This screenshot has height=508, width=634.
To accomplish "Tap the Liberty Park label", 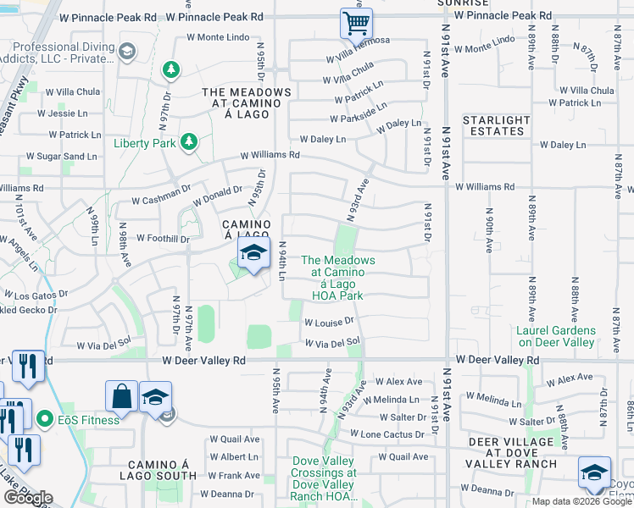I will pyautogui.click(x=145, y=143).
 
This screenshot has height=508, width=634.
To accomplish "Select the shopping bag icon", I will pyautogui.click(x=121, y=396).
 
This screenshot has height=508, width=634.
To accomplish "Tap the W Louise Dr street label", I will pyautogui.click(x=327, y=323).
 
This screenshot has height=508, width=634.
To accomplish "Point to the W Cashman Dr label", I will pyautogui.click(x=160, y=202).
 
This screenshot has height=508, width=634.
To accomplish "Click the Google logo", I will pyautogui.click(x=28, y=498).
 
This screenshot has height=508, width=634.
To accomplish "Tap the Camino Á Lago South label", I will pyautogui.click(x=163, y=471).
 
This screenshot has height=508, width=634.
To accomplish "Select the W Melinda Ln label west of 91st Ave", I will pyautogui.click(x=392, y=399).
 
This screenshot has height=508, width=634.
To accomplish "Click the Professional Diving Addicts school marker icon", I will pyautogui.click(x=127, y=52).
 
